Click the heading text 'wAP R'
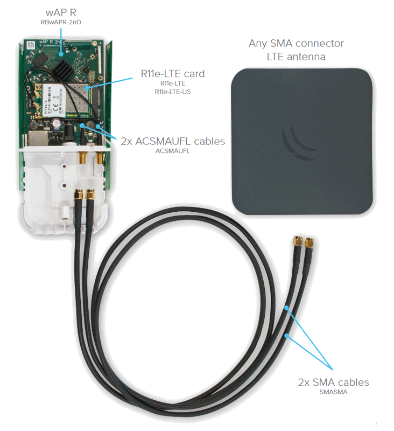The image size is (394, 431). click(61, 12)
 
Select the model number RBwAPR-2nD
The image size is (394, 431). click(61, 22)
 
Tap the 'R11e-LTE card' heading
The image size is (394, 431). click(173, 74)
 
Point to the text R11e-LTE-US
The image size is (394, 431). click(173, 92)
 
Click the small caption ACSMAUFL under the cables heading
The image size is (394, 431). click(173, 151)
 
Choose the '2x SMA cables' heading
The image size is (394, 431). click(333, 382)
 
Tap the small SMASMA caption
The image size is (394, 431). click(333, 392)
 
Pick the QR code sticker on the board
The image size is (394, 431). click(32, 45)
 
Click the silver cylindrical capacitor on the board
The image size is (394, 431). click(57, 124)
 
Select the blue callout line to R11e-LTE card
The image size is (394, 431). click(110, 83)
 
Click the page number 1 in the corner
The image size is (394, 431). click(377, 424)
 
